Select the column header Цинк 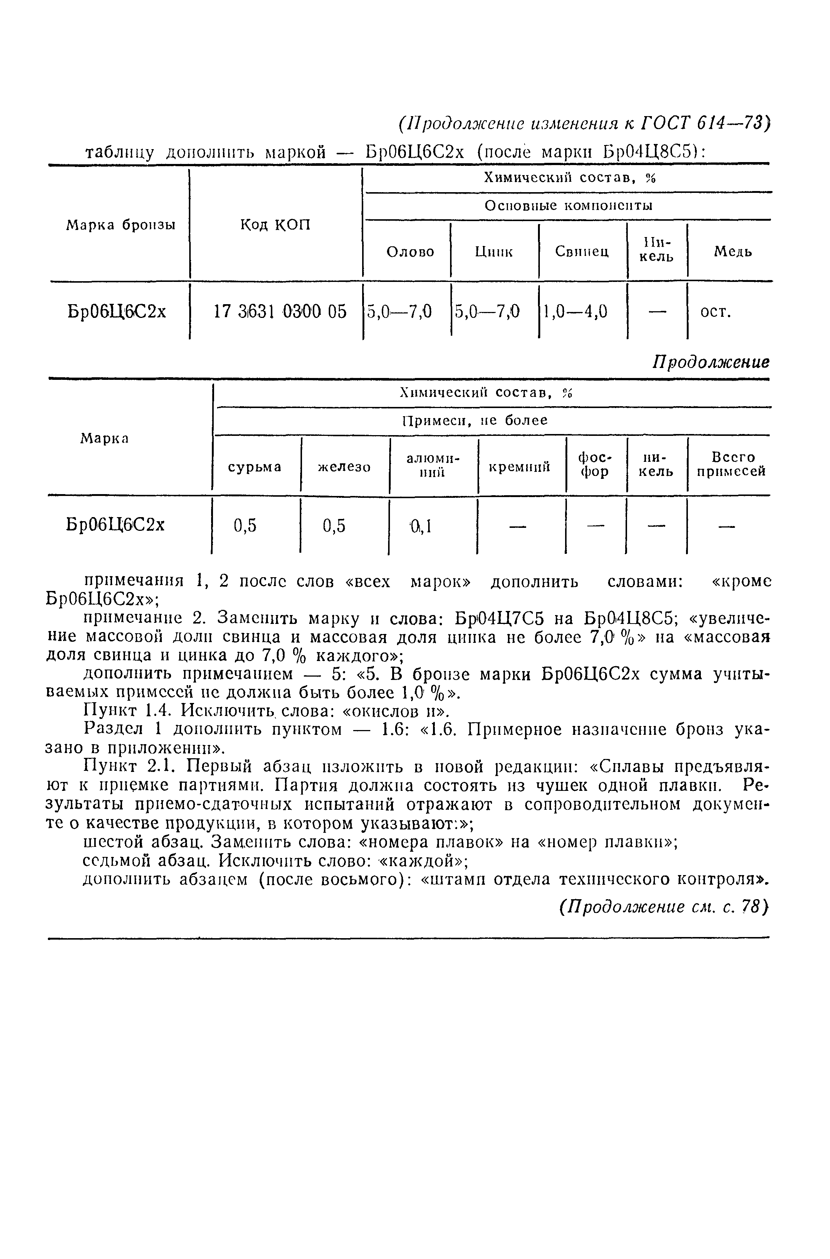pyautogui.click(x=493, y=252)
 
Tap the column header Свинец pyautogui.click(x=582, y=252)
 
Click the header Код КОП pyautogui.click(x=275, y=226)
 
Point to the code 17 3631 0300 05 pyautogui.click(x=280, y=312)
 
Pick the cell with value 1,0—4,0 pyautogui.click(x=575, y=312)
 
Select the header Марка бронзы pyautogui.click(x=121, y=226)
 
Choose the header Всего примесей pyautogui.click(x=732, y=464)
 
